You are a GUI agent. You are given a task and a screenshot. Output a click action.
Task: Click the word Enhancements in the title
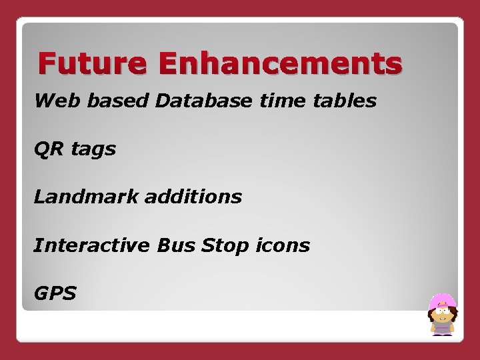280,64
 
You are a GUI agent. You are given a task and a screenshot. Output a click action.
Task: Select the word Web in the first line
51,101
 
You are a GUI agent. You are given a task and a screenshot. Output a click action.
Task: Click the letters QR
48,149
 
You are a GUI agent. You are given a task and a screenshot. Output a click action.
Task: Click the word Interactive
92,245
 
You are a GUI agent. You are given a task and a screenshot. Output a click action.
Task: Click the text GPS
55,293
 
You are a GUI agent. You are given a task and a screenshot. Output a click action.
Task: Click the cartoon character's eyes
442,310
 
